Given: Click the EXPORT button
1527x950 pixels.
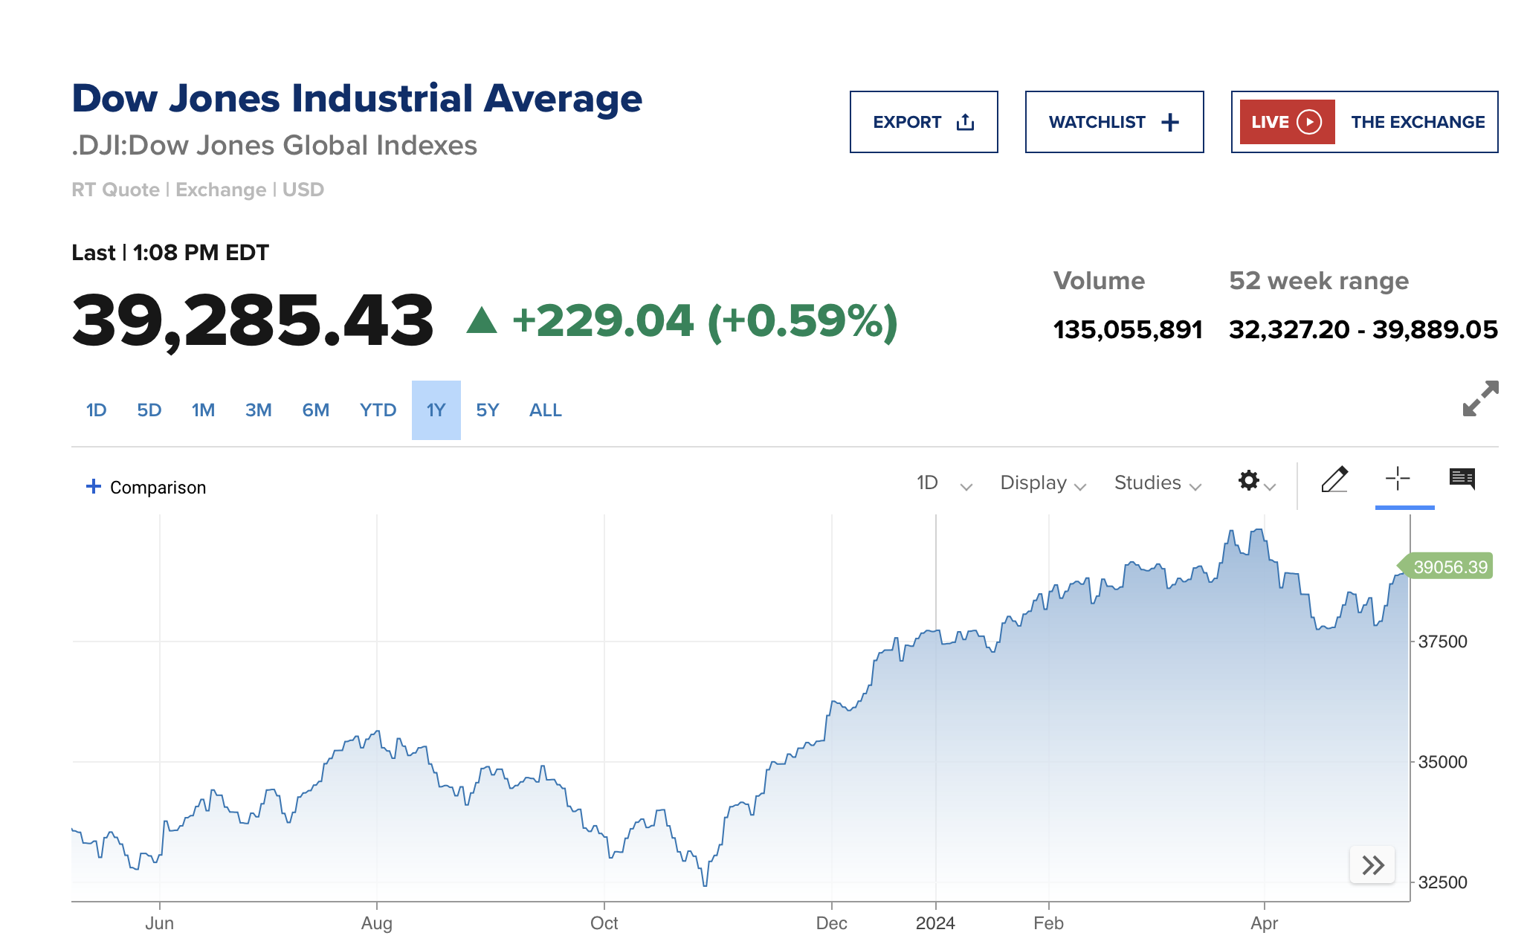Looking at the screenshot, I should pyautogui.click(x=923, y=122).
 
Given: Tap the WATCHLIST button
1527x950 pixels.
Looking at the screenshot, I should pyautogui.click(x=1114, y=122).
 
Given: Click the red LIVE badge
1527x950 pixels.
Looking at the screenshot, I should pyautogui.click(x=1287, y=122).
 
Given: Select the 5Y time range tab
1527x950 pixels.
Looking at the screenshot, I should pyautogui.click(x=487, y=410).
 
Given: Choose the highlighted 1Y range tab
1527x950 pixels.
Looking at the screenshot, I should pyautogui.click(x=436, y=410).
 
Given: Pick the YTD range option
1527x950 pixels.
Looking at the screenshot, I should pyautogui.click(x=378, y=410).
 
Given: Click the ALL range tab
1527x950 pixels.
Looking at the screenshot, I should pyautogui.click(x=545, y=410).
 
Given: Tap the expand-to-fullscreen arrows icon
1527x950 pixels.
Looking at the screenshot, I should pyautogui.click(x=1480, y=399).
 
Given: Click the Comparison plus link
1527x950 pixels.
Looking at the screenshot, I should pyautogui.click(x=146, y=487).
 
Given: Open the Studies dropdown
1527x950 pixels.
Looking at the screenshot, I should pyautogui.click(x=1157, y=483).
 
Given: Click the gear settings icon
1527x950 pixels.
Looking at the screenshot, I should pyautogui.click(x=1250, y=481).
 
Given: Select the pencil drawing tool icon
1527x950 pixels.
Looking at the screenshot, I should pyautogui.click(x=1334, y=480).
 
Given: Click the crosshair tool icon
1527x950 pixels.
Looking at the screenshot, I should pyautogui.click(x=1398, y=479).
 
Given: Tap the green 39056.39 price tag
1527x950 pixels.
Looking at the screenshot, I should pyautogui.click(x=1449, y=567).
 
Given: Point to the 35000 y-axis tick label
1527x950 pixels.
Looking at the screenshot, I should pyautogui.click(x=1442, y=762).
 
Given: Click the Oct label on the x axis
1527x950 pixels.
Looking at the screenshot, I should pyautogui.click(x=604, y=923).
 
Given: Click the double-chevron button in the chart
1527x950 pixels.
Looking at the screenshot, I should pyautogui.click(x=1372, y=865).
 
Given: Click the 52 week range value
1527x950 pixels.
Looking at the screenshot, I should pyautogui.click(x=1363, y=329).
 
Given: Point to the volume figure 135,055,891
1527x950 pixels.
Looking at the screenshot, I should pyautogui.click(x=1127, y=329).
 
